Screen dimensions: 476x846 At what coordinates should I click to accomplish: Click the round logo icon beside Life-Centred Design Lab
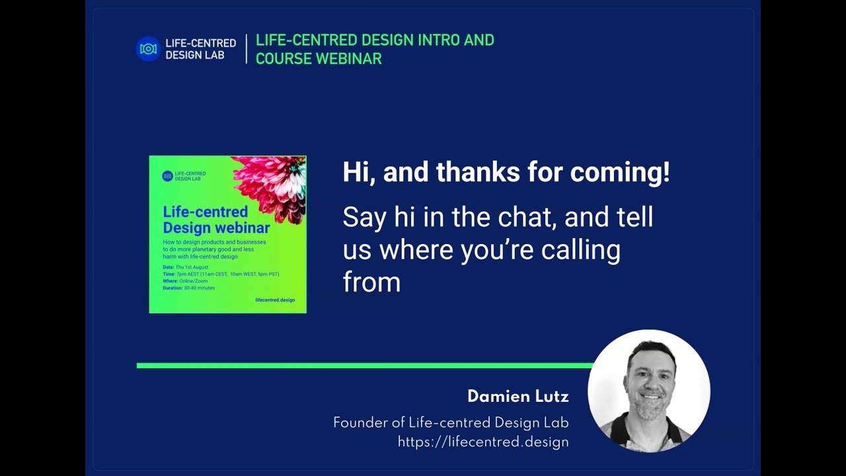coord(148,49)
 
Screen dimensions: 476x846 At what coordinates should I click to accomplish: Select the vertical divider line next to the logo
coord(246,49)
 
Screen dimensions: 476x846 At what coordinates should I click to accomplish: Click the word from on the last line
coord(371,282)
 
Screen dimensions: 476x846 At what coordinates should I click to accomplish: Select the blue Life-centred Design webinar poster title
coord(216,219)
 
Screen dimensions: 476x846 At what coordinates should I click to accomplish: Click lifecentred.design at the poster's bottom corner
coord(275,300)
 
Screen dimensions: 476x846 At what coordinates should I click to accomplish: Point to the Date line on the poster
coord(185,267)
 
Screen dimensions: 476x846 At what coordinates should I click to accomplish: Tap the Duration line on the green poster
coord(188,288)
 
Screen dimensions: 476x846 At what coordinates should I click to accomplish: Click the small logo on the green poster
coord(167,176)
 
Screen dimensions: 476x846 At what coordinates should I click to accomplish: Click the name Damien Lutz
coord(518,397)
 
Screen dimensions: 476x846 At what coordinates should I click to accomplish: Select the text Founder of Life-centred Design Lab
coord(451,423)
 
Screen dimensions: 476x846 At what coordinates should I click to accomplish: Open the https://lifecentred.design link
coord(483,442)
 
